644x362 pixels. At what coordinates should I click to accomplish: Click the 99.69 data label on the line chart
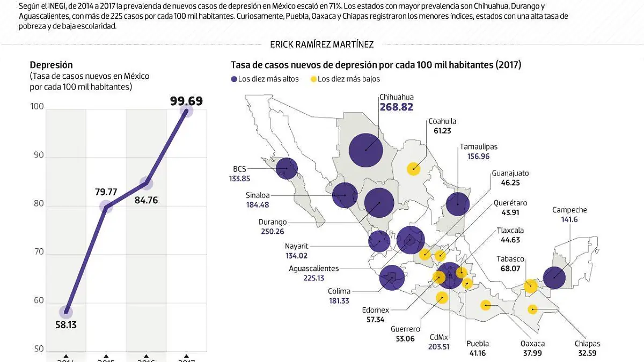tap(186, 100)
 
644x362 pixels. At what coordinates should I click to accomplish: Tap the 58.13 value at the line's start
tap(65, 324)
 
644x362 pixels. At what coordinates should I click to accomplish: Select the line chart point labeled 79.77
tap(106, 206)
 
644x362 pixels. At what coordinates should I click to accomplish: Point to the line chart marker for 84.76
tap(146, 183)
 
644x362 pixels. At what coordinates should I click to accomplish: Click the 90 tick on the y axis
tap(37, 158)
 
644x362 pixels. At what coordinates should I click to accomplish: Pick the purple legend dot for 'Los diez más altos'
tap(234, 79)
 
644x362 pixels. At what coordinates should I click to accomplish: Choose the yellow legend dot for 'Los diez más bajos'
tap(313, 79)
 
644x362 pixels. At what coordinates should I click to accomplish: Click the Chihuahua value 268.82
tap(396, 107)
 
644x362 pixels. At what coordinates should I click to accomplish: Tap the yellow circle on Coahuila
tap(413, 169)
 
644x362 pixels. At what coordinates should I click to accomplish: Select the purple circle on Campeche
tap(554, 278)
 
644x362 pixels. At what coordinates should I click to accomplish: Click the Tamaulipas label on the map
tap(478, 146)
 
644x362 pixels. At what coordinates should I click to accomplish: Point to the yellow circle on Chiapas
tap(532, 309)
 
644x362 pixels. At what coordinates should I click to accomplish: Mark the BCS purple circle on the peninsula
tap(287, 168)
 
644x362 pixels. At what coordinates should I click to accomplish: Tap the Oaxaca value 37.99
tap(533, 353)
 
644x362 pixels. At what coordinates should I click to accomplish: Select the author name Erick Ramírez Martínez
tap(322, 45)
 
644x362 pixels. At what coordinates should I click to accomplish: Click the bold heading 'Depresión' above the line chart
tap(52, 65)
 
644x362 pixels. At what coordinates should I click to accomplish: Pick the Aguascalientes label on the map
tap(313, 268)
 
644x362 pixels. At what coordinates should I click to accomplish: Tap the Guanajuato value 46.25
tap(502, 183)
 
